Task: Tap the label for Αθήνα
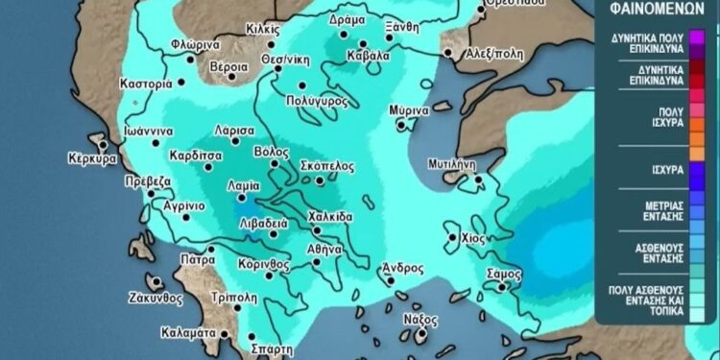(x=324, y=248)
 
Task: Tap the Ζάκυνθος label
(x=155, y=298)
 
